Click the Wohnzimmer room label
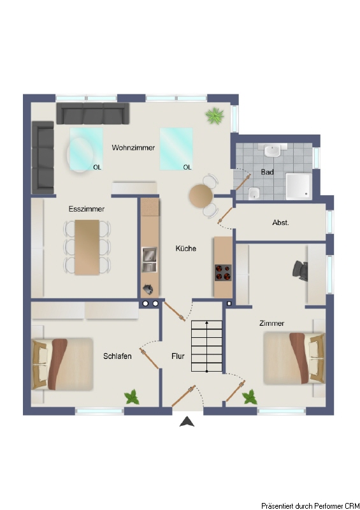point(133,148)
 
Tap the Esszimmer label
point(87,209)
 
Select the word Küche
point(185,249)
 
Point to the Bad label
point(268,172)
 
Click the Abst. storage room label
point(280,222)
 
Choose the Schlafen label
point(117,356)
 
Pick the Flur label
point(178,356)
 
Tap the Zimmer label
point(271,323)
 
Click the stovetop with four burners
point(223,273)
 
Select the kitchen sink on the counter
point(149,259)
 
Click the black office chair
point(300,270)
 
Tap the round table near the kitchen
point(201,196)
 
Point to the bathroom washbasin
point(272,150)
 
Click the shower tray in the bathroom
point(299,186)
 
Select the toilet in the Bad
point(254,194)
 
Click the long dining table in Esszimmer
point(87,247)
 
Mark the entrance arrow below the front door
point(187,421)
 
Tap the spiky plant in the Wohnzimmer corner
point(215,116)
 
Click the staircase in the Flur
point(206,346)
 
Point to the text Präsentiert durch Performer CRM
point(310,506)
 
